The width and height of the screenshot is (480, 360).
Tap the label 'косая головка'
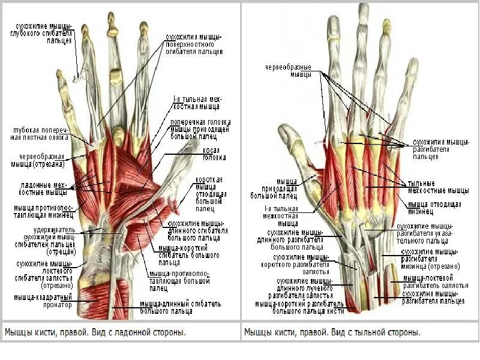click(214, 154)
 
